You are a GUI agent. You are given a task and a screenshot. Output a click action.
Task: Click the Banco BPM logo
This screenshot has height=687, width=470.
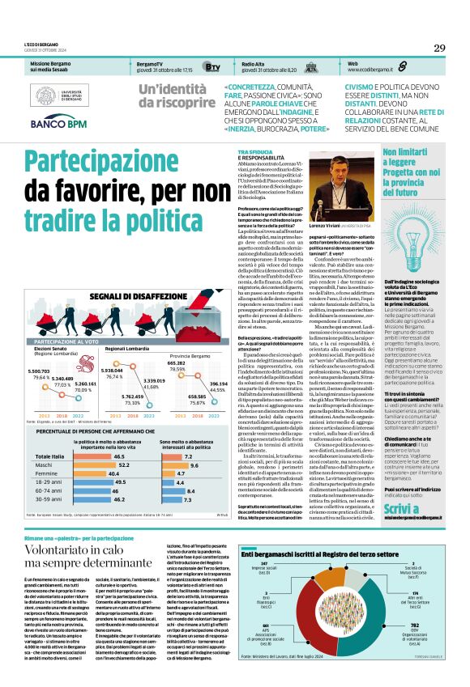tap(58, 124)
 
